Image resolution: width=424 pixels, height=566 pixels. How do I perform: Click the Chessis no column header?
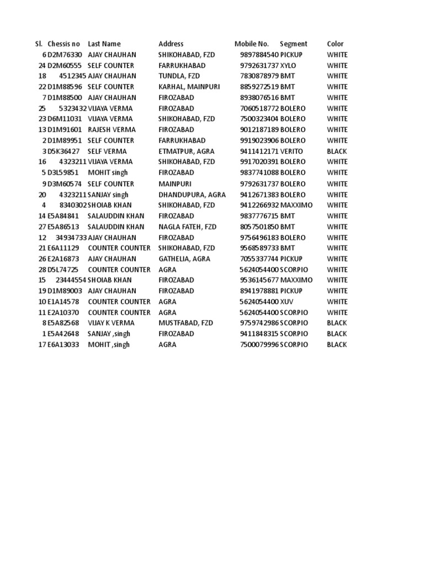(63, 44)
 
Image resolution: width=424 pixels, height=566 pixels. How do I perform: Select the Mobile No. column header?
(251, 44)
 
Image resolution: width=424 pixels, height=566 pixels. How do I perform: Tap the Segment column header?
(293, 44)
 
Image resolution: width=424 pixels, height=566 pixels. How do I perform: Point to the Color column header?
(335, 44)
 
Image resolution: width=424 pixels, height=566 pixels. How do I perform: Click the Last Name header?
(104, 44)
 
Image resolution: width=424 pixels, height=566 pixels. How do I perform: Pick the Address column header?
(171, 44)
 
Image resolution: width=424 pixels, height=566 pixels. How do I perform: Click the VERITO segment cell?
(292, 151)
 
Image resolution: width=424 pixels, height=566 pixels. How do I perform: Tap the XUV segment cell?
(287, 302)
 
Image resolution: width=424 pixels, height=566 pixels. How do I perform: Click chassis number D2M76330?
(64, 55)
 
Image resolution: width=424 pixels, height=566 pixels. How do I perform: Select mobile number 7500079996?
(259, 344)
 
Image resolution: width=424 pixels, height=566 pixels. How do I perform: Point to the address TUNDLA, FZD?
(176, 76)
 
